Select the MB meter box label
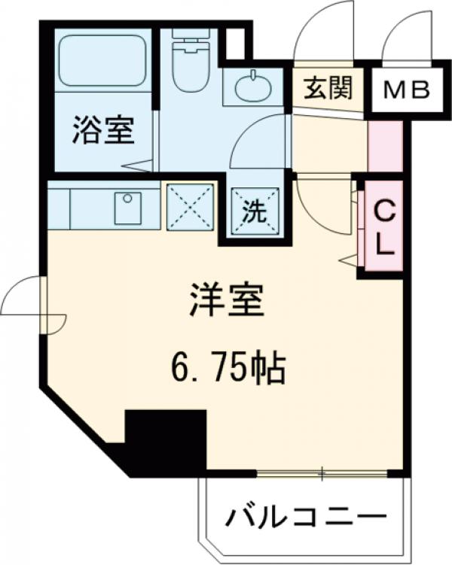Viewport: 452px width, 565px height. (x=406, y=90)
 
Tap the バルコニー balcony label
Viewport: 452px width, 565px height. (x=307, y=519)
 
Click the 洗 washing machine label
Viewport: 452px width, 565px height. (x=254, y=213)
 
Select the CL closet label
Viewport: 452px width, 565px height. (x=383, y=226)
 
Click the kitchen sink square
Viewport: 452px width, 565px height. (x=128, y=208)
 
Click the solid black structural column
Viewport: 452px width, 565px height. (x=164, y=440)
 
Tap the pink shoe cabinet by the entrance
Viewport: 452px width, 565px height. (x=381, y=144)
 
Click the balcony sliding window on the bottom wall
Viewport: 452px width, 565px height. (x=322, y=473)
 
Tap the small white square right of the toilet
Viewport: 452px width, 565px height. (x=235, y=43)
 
